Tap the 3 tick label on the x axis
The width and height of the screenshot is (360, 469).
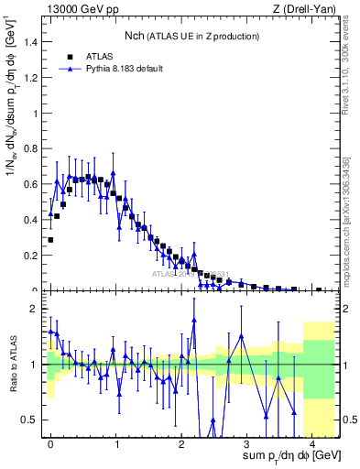click(x=247, y=442)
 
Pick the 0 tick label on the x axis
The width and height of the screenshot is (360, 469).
click(x=50, y=442)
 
